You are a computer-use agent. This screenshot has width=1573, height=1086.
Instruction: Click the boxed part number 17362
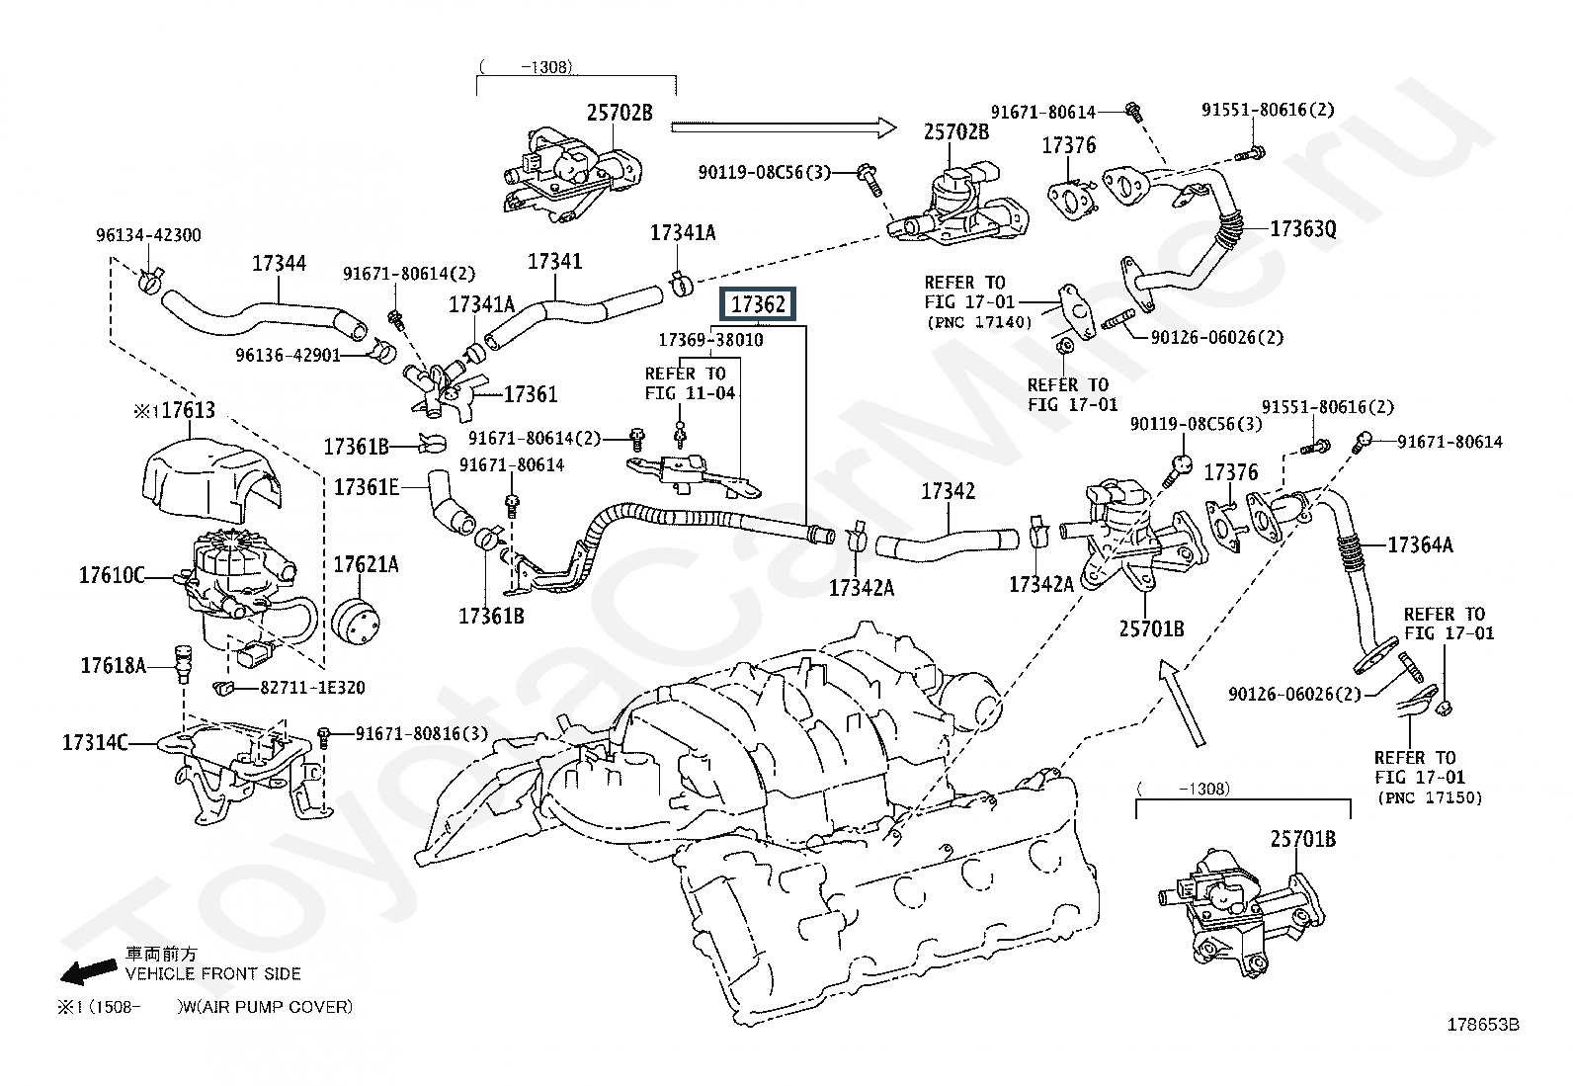pyautogui.click(x=758, y=304)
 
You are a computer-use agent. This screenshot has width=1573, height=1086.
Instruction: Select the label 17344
pyautogui.click(x=279, y=263)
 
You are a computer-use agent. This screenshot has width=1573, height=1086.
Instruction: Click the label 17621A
pyautogui.click(x=366, y=564)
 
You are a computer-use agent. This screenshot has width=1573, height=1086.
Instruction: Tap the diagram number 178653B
pyautogui.click(x=1482, y=1025)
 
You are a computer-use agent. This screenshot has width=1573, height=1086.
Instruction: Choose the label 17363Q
pyautogui.click(x=1302, y=229)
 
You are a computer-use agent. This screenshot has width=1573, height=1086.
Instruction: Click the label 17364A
pyautogui.click(x=1420, y=544)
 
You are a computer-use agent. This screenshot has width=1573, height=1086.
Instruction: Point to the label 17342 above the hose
pyautogui.click(x=949, y=491)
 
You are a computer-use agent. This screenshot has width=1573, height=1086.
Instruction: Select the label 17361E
pyautogui.click(x=367, y=486)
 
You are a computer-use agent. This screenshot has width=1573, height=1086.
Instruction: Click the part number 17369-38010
pyautogui.click(x=711, y=340)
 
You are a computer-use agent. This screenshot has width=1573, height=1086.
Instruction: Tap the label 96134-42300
pyautogui.click(x=148, y=235)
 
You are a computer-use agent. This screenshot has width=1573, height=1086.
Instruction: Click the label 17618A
pyautogui.click(x=113, y=666)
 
